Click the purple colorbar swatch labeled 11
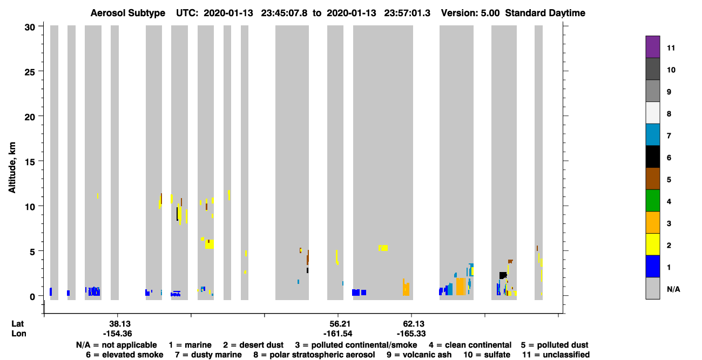click(652, 47)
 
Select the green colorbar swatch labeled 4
click(652, 201)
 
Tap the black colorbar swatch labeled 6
click(652, 157)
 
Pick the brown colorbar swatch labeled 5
click(652, 179)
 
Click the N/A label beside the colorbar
click(673, 289)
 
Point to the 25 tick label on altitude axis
click(30, 72)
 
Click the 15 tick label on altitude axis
click(30, 162)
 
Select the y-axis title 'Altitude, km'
click(11, 167)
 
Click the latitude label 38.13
click(120, 324)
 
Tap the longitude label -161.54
click(338, 334)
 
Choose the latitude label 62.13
click(414, 324)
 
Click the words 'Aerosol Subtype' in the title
click(128, 13)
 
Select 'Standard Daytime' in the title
click(545, 13)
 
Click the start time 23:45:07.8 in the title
click(284, 13)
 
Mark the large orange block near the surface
click(461, 287)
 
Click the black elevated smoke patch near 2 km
click(503, 275)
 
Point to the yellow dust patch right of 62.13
click(383, 248)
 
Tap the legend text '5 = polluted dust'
click(555, 345)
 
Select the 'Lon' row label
click(19, 334)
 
